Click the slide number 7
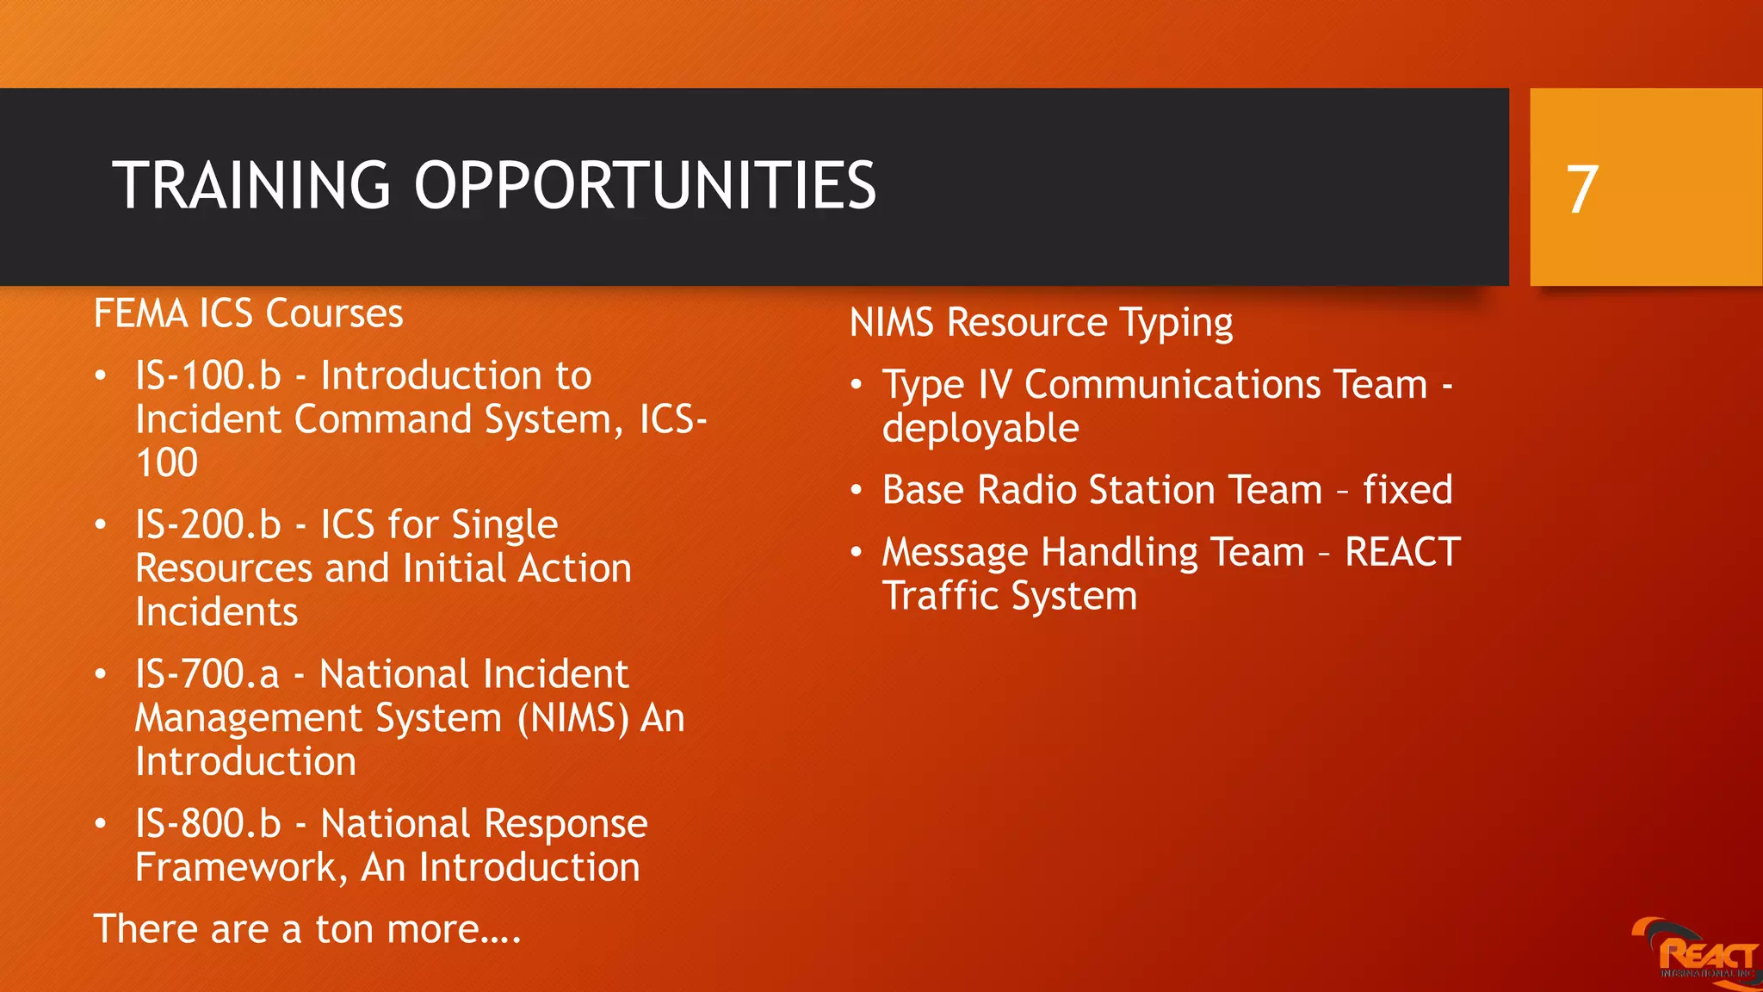click(x=1582, y=189)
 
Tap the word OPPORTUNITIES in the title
click(x=645, y=186)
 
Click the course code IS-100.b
click(x=208, y=376)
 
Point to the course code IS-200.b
click(x=208, y=525)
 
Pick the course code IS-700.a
click(x=207, y=674)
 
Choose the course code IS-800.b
click(x=208, y=824)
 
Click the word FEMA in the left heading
click(x=140, y=313)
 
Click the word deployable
click(x=980, y=429)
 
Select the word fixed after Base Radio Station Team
click(x=1407, y=490)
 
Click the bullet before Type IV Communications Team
click(x=856, y=385)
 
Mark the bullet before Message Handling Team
click(x=856, y=552)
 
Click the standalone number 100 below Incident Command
click(x=167, y=463)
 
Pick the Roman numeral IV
click(x=995, y=385)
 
